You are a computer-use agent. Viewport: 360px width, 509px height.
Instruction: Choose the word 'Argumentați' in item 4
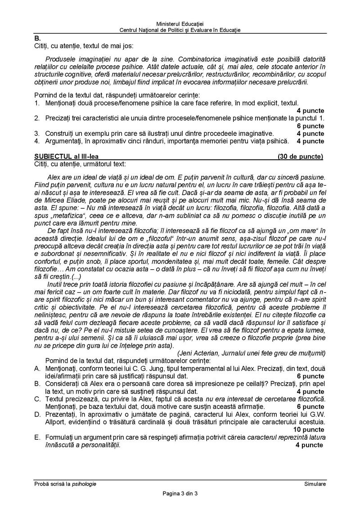pos(62,141)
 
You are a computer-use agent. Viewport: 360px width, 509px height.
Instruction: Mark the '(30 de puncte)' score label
pos(300,156)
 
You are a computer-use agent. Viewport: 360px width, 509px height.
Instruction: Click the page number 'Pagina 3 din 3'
pos(180,494)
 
